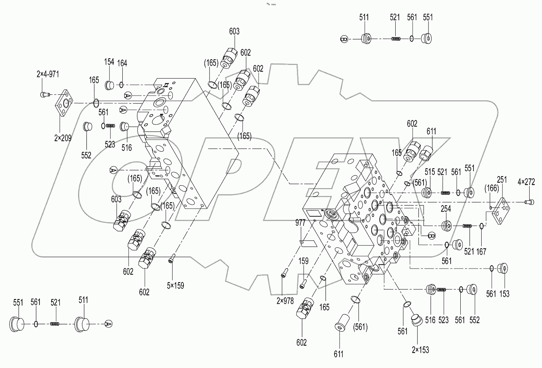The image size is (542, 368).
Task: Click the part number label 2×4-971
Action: pyautogui.click(x=48, y=74)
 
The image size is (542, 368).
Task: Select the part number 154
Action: pyautogui.click(x=109, y=62)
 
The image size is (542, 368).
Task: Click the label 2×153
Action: pyautogui.click(x=420, y=350)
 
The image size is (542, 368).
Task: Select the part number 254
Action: pyautogui.click(x=446, y=209)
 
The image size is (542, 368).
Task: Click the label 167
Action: pyautogui.click(x=481, y=252)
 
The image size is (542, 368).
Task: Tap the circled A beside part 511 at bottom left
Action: pyautogui.click(x=109, y=323)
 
